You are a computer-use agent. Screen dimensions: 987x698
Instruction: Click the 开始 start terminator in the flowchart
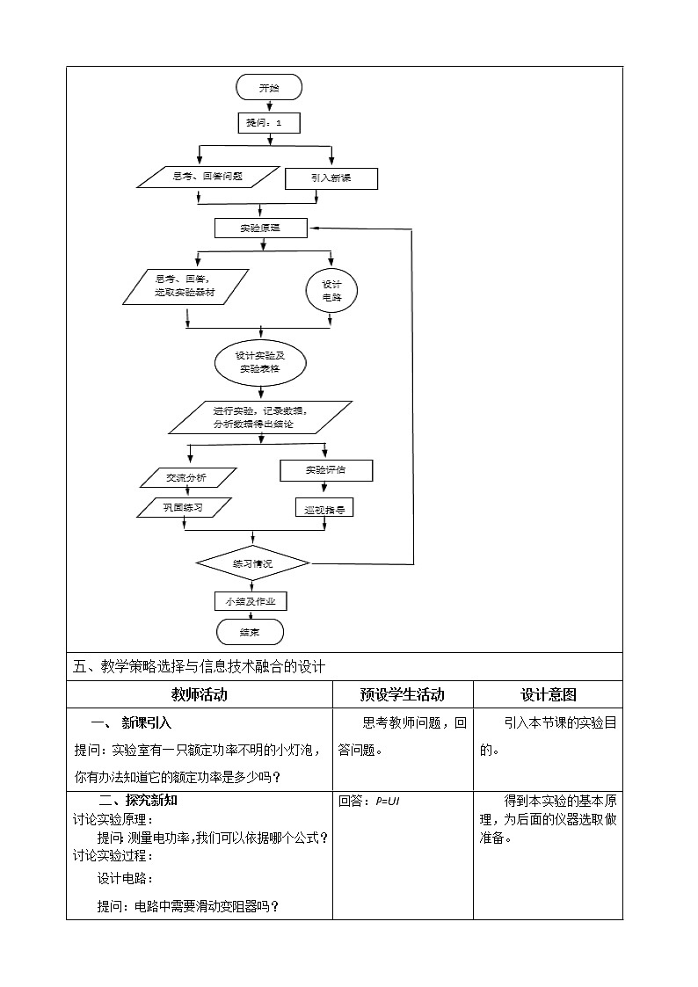pyautogui.click(x=269, y=87)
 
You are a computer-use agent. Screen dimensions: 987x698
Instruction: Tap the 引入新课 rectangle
pyautogui.click(x=331, y=178)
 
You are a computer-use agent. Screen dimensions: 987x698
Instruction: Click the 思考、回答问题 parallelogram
pyautogui.click(x=207, y=177)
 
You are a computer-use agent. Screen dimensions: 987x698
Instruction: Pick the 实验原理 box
pyautogui.click(x=260, y=228)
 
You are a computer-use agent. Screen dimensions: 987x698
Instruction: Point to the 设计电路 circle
pyautogui.click(x=331, y=291)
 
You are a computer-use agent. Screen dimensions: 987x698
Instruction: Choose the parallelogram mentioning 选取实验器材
pyautogui.click(x=185, y=287)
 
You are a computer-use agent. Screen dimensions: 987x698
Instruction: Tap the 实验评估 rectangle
pyautogui.click(x=326, y=470)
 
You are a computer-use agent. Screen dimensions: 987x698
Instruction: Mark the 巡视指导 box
pyautogui.click(x=324, y=508)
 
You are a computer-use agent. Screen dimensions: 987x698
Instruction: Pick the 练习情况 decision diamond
pyautogui.click(x=252, y=562)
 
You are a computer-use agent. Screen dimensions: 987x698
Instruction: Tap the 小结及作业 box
pyautogui.click(x=251, y=601)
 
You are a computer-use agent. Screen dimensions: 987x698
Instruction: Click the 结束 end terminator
pyautogui.click(x=251, y=632)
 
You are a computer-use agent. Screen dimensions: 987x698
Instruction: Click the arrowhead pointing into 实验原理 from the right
pyautogui.click(x=314, y=228)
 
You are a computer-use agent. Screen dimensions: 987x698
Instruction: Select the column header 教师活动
pyautogui.click(x=199, y=694)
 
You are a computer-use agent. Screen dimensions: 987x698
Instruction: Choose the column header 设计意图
pyautogui.click(x=549, y=694)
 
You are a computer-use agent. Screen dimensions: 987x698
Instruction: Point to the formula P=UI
pyautogui.click(x=388, y=801)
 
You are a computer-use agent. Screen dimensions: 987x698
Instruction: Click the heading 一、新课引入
pyautogui.click(x=132, y=723)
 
